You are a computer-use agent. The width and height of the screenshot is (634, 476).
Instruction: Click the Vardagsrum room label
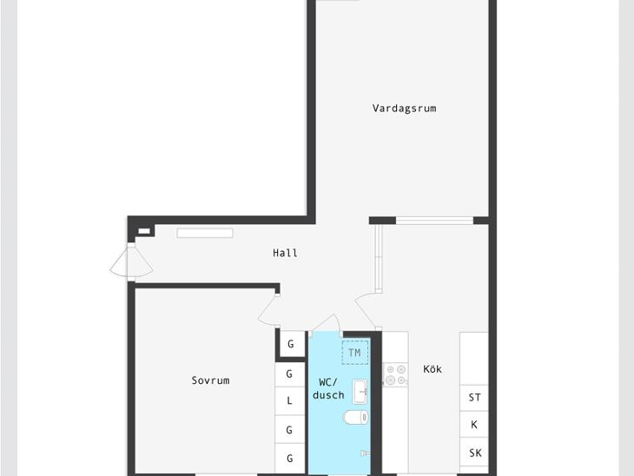point(404,109)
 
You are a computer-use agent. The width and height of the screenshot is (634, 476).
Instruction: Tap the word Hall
point(285,253)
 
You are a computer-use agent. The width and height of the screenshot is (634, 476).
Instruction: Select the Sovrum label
point(210,380)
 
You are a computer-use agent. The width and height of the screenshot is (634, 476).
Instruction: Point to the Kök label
point(433,369)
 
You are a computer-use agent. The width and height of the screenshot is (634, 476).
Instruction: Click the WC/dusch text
point(328,388)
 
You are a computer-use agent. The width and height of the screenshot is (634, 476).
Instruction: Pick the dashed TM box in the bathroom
point(355,353)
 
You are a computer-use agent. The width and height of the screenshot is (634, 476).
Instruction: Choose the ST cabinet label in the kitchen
point(475,398)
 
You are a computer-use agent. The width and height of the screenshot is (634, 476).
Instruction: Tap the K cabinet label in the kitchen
point(474,425)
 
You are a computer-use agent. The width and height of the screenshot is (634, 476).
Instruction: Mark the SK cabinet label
point(475,453)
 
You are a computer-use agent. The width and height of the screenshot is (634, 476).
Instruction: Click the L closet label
point(289,400)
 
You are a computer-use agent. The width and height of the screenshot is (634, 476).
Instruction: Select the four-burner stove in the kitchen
point(395,375)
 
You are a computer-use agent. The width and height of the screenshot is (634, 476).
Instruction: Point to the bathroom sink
point(360,392)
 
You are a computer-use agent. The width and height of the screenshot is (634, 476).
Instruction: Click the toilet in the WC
point(356,417)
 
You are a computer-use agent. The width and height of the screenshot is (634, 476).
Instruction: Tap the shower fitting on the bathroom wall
point(365,453)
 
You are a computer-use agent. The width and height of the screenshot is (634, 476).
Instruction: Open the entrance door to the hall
point(131,262)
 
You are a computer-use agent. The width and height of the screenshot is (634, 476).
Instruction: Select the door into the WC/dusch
point(326,323)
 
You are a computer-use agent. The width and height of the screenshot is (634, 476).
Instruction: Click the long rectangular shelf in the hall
point(205,233)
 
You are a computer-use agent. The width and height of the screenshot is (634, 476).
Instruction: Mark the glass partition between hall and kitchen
point(379,258)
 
